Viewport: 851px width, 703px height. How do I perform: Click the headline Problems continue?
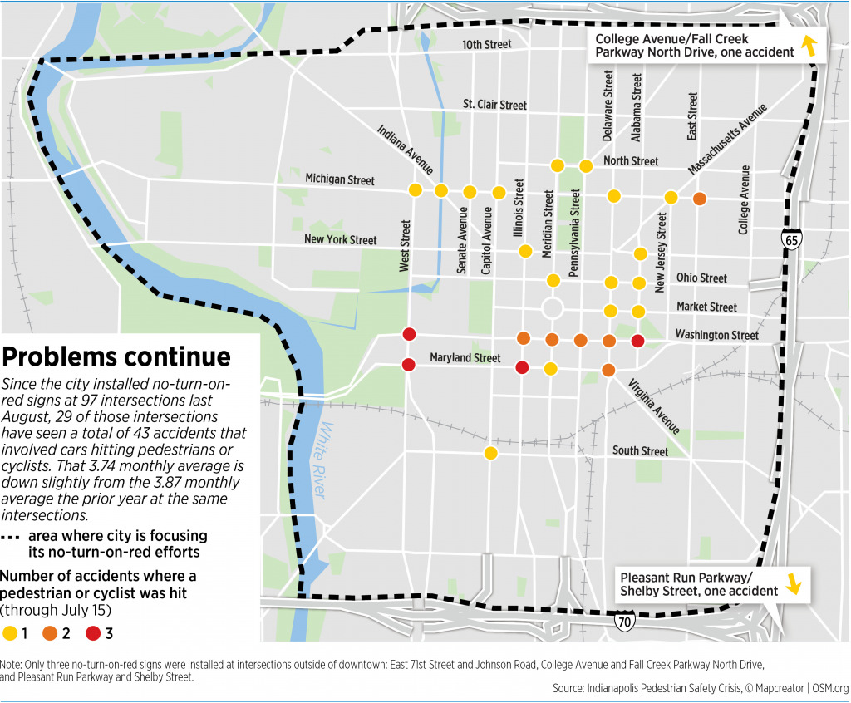[116, 356]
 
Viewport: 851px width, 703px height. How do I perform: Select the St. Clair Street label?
[494, 105]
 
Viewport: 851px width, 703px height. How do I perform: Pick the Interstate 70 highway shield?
[623, 621]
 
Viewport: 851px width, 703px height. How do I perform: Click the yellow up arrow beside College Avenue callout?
[808, 47]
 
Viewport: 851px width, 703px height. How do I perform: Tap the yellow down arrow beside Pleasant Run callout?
[794, 584]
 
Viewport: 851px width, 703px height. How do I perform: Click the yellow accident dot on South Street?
[490, 453]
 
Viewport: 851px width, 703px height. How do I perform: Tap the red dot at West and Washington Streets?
[409, 335]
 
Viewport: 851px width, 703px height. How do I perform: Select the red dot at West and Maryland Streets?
[409, 364]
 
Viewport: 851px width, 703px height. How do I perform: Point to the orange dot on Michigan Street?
[699, 199]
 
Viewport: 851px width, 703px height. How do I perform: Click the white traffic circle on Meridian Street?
[552, 309]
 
